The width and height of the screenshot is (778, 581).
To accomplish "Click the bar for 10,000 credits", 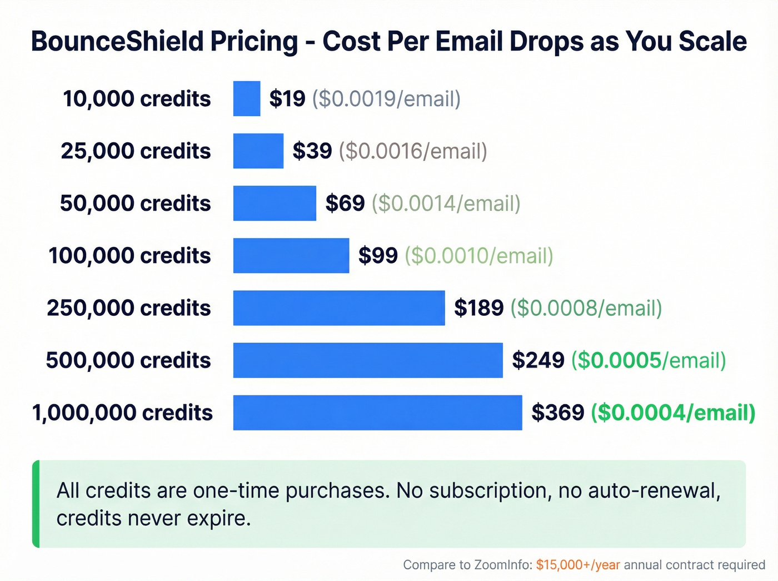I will tap(247, 98).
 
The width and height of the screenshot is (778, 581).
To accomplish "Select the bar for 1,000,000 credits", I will tap(377, 413).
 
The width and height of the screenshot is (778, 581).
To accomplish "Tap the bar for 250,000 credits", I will tap(339, 307).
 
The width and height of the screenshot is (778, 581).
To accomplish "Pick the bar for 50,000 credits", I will tap(275, 203).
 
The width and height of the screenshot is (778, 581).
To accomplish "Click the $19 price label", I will tap(287, 99).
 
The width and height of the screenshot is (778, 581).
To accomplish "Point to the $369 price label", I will tap(558, 413).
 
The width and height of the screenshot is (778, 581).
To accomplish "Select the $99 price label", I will tap(378, 256).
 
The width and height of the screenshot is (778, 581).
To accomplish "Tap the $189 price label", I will tap(478, 308).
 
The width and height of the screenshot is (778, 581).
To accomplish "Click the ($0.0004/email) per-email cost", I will tap(673, 413).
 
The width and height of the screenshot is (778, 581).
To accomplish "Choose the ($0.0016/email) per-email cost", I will tap(413, 151).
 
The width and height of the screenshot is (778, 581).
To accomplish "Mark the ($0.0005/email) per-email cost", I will tap(649, 360).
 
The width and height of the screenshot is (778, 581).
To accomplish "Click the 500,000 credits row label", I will tap(128, 360).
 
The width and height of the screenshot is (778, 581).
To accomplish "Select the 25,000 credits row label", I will tap(136, 151).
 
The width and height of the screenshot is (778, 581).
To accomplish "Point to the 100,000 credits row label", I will tap(129, 256).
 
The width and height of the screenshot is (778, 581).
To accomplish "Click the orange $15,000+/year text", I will tap(578, 565).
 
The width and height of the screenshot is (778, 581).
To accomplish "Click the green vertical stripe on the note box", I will tap(36, 504).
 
